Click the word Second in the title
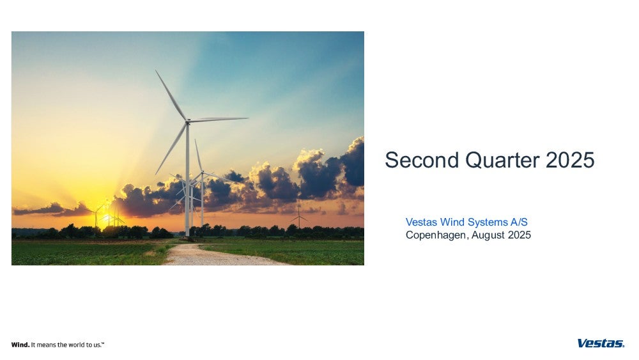[x=422, y=160]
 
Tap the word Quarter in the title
[x=502, y=160]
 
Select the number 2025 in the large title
[x=570, y=160]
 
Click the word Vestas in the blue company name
[x=421, y=222]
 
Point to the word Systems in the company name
[x=488, y=223]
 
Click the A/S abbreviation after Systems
[x=519, y=222]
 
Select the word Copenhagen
[x=436, y=235]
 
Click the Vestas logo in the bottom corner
[x=601, y=343]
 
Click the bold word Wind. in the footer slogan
[x=20, y=345]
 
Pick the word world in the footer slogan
[x=76, y=345]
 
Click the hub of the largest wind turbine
[x=187, y=121]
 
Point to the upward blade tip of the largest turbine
[x=156, y=70]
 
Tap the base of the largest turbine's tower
[x=187, y=234]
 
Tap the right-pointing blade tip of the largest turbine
[x=247, y=118]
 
